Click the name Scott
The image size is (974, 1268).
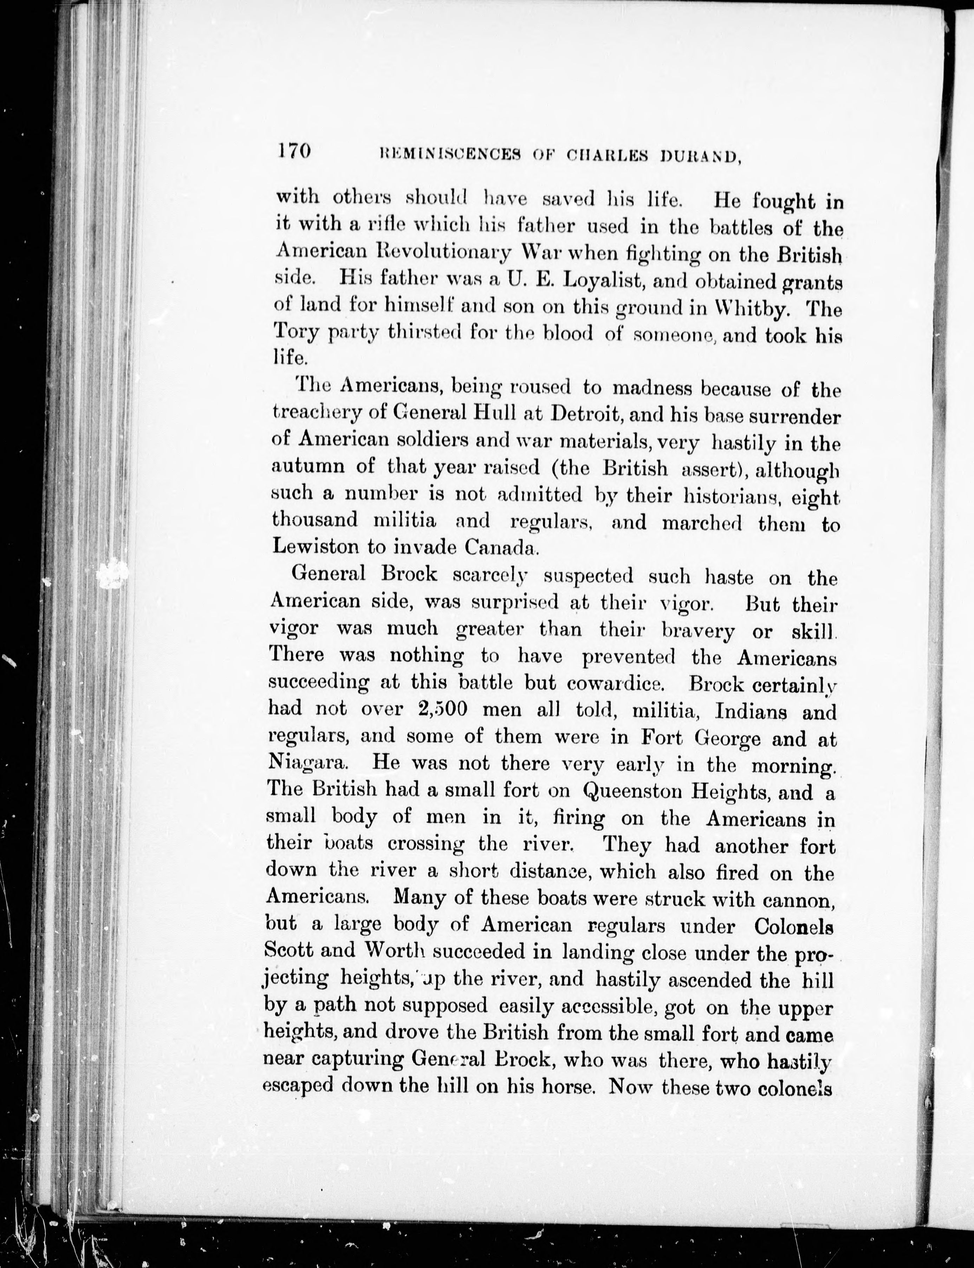(x=288, y=951)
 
